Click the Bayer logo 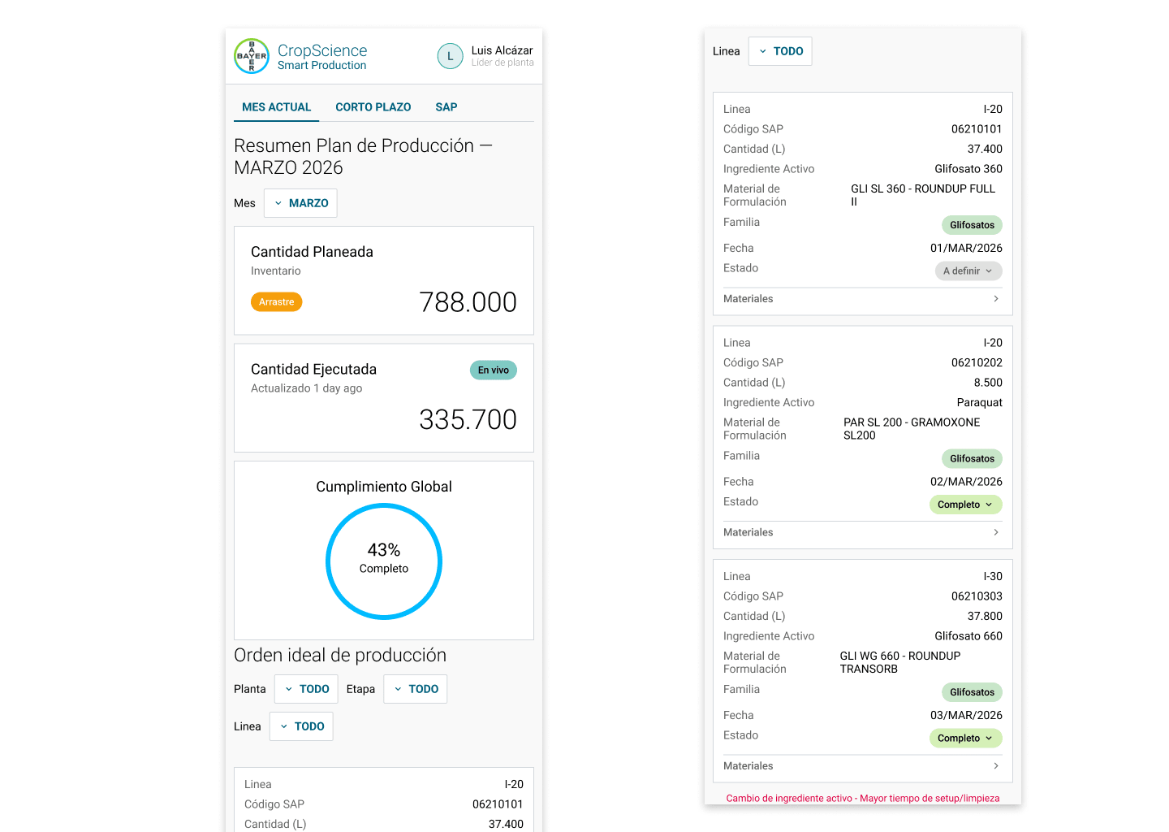pyautogui.click(x=252, y=56)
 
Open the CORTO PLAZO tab pyautogui.click(x=373, y=107)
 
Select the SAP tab pyautogui.click(x=446, y=107)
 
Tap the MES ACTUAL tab pyautogui.click(x=276, y=107)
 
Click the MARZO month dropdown pyautogui.click(x=300, y=203)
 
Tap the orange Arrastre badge pyautogui.click(x=276, y=302)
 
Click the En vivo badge pyautogui.click(x=494, y=370)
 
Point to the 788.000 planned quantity pyautogui.click(x=468, y=302)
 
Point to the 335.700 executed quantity pyautogui.click(x=468, y=420)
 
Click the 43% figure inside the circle pyautogui.click(x=383, y=550)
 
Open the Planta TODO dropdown pyautogui.click(x=306, y=689)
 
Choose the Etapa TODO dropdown pyautogui.click(x=416, y=689)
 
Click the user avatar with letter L pyautogui.click(x=450, y=56)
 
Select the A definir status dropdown pyautogui.click(x=968, y=271)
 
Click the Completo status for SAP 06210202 pyautogui.click(x=965, y=505)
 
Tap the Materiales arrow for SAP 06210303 pyautogui.click(x=996, y=765)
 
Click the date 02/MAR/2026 pyautogui.click(x=966, y=482)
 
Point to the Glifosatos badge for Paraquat pyautogui.click(x=972, y=458)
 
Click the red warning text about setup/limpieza pyautogui.click(x=863, y=798)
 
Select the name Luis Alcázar pyautogui.click(x=502, y=50)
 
